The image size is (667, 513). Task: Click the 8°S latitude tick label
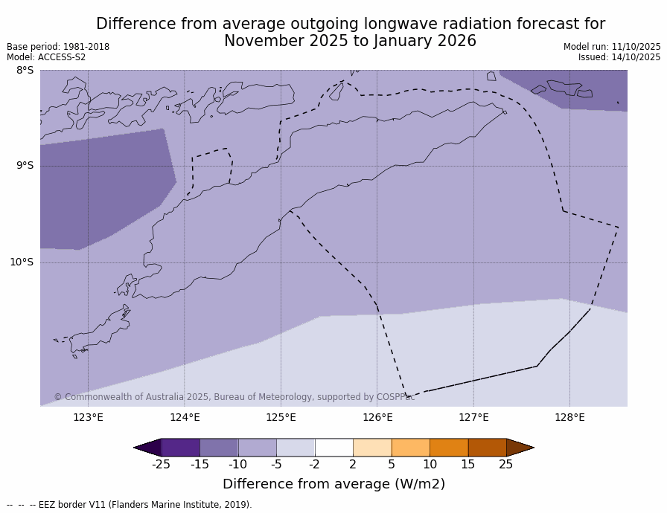[x=25, y=71]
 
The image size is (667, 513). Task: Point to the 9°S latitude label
[x=25, y=166]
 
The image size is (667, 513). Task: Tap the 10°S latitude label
[x=22, y=262]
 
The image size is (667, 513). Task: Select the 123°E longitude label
[x=88, y=417]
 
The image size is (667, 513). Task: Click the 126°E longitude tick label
[x=377, y=417]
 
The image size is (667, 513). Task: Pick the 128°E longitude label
[x=569, y=417]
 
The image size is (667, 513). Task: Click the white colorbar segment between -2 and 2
[x=334, y=448]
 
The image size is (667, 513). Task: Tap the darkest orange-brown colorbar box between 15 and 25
[x=487, y=448]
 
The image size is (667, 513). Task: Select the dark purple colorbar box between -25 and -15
[x=180, y=448]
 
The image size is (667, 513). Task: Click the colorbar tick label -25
[x=161, y=465]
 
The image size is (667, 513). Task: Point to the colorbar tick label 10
[x=430, y=465]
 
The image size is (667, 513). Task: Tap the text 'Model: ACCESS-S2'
[x=46, y=57]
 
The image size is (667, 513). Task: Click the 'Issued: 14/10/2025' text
[x=619, y=57]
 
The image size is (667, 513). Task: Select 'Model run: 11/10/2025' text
[x=612, y=47]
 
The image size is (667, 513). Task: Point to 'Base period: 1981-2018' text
[x=58, y=47]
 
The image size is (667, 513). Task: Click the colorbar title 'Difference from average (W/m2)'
[x=333, y=484]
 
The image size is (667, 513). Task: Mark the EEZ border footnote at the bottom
[x=129, y=505]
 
